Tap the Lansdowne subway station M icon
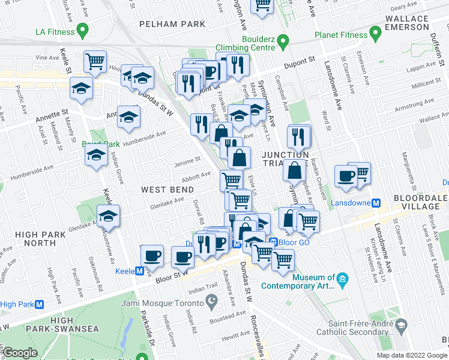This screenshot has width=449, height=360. pos(376,203)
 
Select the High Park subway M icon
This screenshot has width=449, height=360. pos(40,304)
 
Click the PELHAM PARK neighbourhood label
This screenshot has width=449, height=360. pos(172,25)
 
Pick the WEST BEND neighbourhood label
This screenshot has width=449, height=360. pos(161,189)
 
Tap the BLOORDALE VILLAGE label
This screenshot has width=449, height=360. pos(420,202)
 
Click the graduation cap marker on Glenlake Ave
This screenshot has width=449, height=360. pos(108,216)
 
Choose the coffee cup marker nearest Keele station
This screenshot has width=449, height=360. pos(152,256)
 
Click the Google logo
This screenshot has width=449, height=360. pos(20,353)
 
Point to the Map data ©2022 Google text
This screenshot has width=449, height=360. pos(411,355)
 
